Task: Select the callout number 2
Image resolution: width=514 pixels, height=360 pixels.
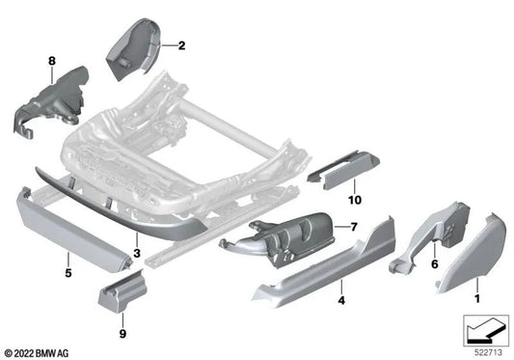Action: (x=181, y=45)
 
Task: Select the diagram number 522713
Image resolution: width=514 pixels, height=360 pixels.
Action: (x=484, y=349)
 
